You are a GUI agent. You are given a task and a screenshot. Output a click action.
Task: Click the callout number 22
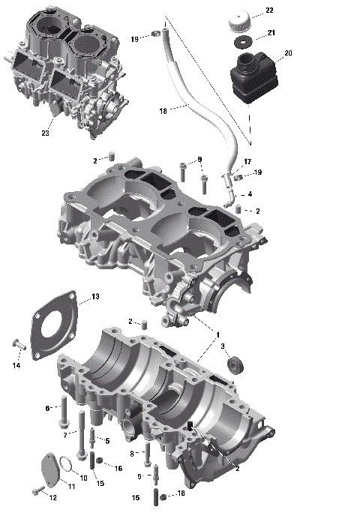(x=269, y=10)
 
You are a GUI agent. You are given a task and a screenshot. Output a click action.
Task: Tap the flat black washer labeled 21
(x=241, y=40)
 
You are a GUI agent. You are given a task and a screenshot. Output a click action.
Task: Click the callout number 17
(x=247, y=162)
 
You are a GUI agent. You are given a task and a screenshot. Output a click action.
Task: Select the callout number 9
(x=199, y=159)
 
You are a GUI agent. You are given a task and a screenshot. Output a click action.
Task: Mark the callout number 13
(x=95, y=297)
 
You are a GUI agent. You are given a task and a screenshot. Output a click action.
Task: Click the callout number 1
(x=218, y=333)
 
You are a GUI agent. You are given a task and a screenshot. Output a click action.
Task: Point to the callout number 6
(x=48, y=408)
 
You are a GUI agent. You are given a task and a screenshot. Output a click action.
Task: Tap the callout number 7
(x=65, y=435)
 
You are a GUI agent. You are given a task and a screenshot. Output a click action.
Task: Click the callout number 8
(x=132, y=453)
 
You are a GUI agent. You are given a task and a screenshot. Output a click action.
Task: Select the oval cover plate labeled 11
(x=47, y=467)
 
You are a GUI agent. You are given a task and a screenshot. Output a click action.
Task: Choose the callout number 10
(x=83, y=478)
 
